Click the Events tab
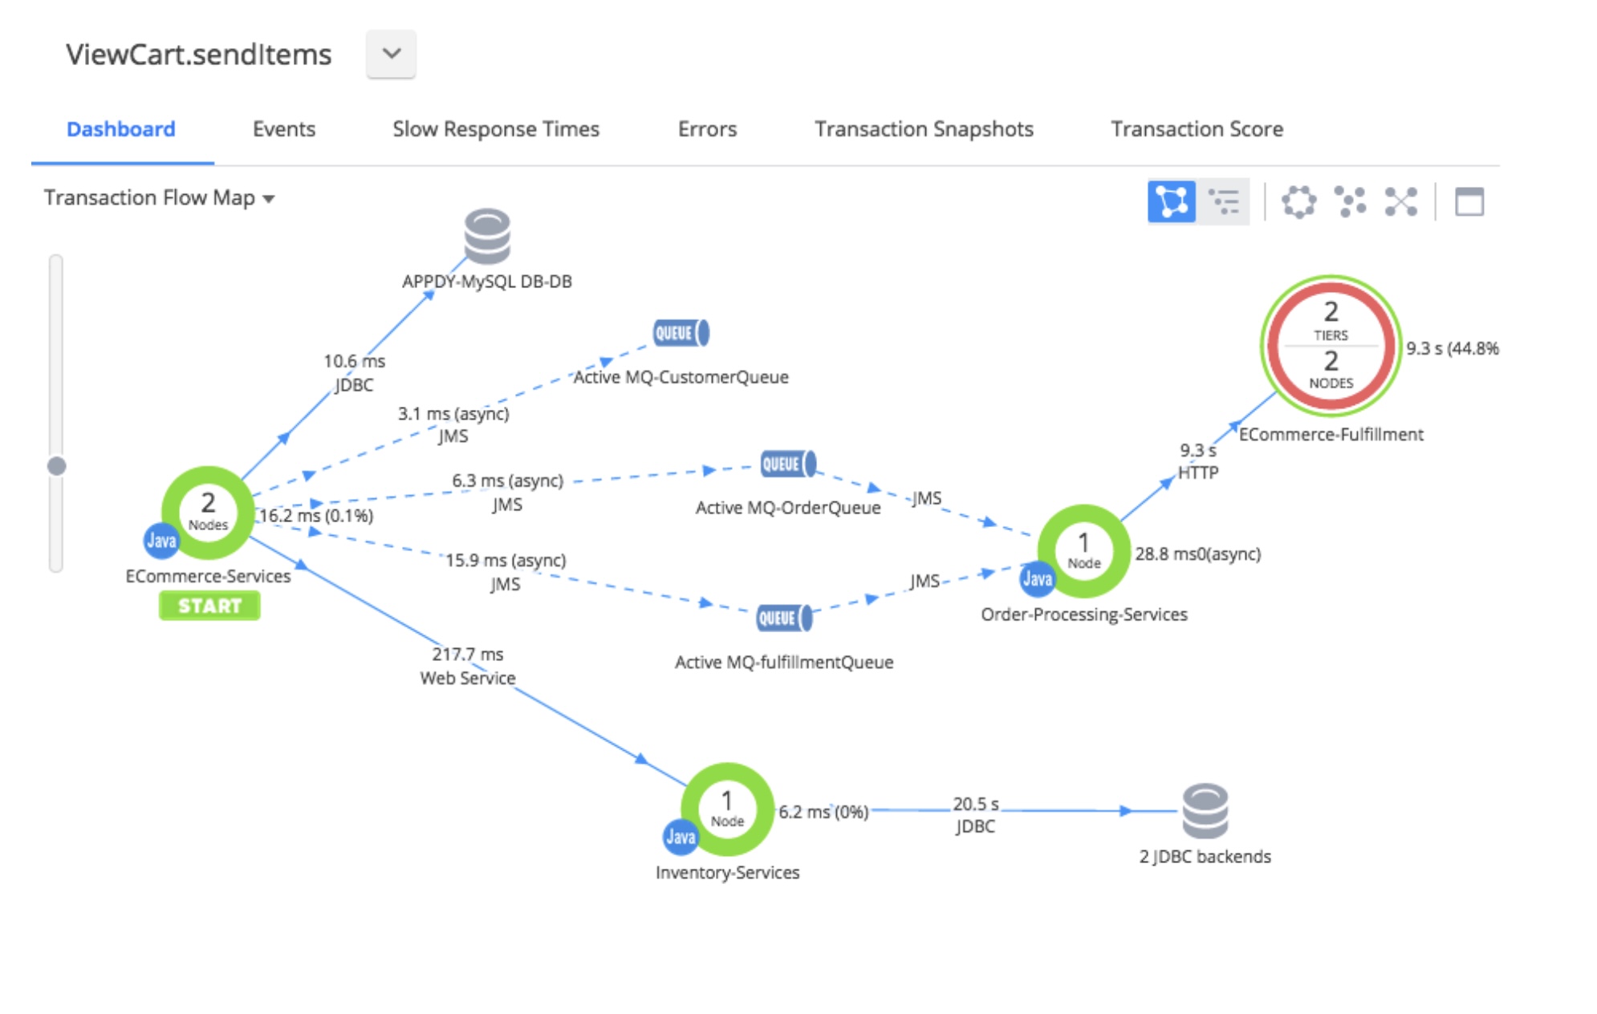point(283,129)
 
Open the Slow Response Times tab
point(495,129)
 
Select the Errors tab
point(706,129)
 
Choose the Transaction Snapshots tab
point(923,129)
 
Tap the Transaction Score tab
point(1196,129)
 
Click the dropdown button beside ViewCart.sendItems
point(391,54)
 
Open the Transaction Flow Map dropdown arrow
point(269,199)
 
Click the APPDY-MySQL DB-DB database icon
point(487,237)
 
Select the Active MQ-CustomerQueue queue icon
point(681,333)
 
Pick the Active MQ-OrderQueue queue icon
point(788,464)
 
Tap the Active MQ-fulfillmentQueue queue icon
point(784,619)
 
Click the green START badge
point(209,606)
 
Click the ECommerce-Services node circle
point(208,513)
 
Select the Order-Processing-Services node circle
point(1083,551)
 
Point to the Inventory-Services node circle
point(727,809)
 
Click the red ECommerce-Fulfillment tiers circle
point(1331,346)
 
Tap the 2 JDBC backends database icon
point(1205,810)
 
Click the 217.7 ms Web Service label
point(468,666)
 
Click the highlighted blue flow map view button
point(1171,201)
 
